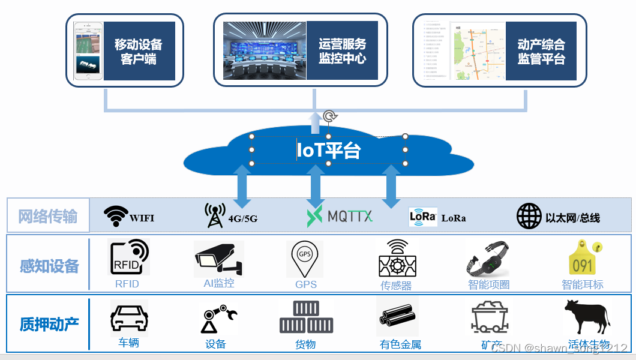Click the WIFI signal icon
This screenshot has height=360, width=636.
pyautogui.click(x=116, y=216)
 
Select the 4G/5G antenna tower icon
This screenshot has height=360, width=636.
pyautogui.click(x=215, y=215)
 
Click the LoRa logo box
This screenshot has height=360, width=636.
pyautogui.click(x=423, y=217)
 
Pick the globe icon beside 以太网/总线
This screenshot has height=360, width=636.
pyautogui.click(x=529, y=217)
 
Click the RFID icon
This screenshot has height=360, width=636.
pyautogui.click(x=128, y=257)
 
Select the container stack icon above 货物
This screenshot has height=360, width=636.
pyautogui.click(x=306, y=317)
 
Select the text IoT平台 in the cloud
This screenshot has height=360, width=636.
pyautogui.click(x=329, y=150)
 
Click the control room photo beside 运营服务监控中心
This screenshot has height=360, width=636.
pyautogui.click(x=265, y=50)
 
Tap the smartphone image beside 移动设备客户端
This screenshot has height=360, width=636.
pyautogui.click(x=88, y=51)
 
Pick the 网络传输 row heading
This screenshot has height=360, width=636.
pyautogui.click(x=48, y=216)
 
